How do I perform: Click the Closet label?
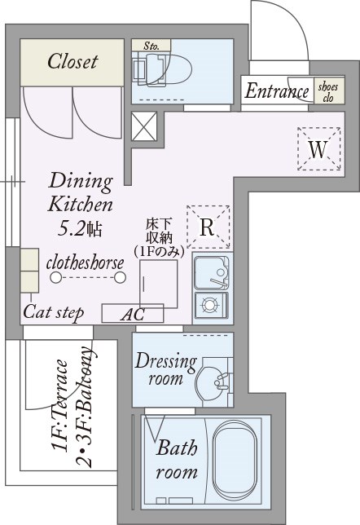pyautogui.click(x=72, y=62)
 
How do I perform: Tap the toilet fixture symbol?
pyautogui.click(x=163, y=70)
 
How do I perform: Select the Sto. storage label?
pyautogui.click(x=151, y=46)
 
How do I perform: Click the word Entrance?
pyautogui.click(x=277, y=90)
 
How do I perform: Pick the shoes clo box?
pyautogui.click(x=329, y=90)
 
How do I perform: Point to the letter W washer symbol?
pyautogui.click(x=318, y=149)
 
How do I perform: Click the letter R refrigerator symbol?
pyautogui.click(x=209, y=227)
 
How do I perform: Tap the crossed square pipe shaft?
pyautogui.click(x=144, y=126)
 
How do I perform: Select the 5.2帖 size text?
pyautogui.click(x=80, y=229)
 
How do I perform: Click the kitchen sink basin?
pyautogui.click(x=212, y=272)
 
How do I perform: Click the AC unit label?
pyautogui.click(x=133, y=314)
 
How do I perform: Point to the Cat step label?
pyautogui.click(x=53, y=312)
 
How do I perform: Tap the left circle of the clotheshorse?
pyautogui.click(x=56, y=277)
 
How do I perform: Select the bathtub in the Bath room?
pyautogui.click(x=235, y=458)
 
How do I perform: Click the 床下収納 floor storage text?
pyautogui.click(x=160, y=238)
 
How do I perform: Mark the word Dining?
pyautogui.click(x=81, y=182)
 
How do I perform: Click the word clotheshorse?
pyautogui.click(x=85, y=262)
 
